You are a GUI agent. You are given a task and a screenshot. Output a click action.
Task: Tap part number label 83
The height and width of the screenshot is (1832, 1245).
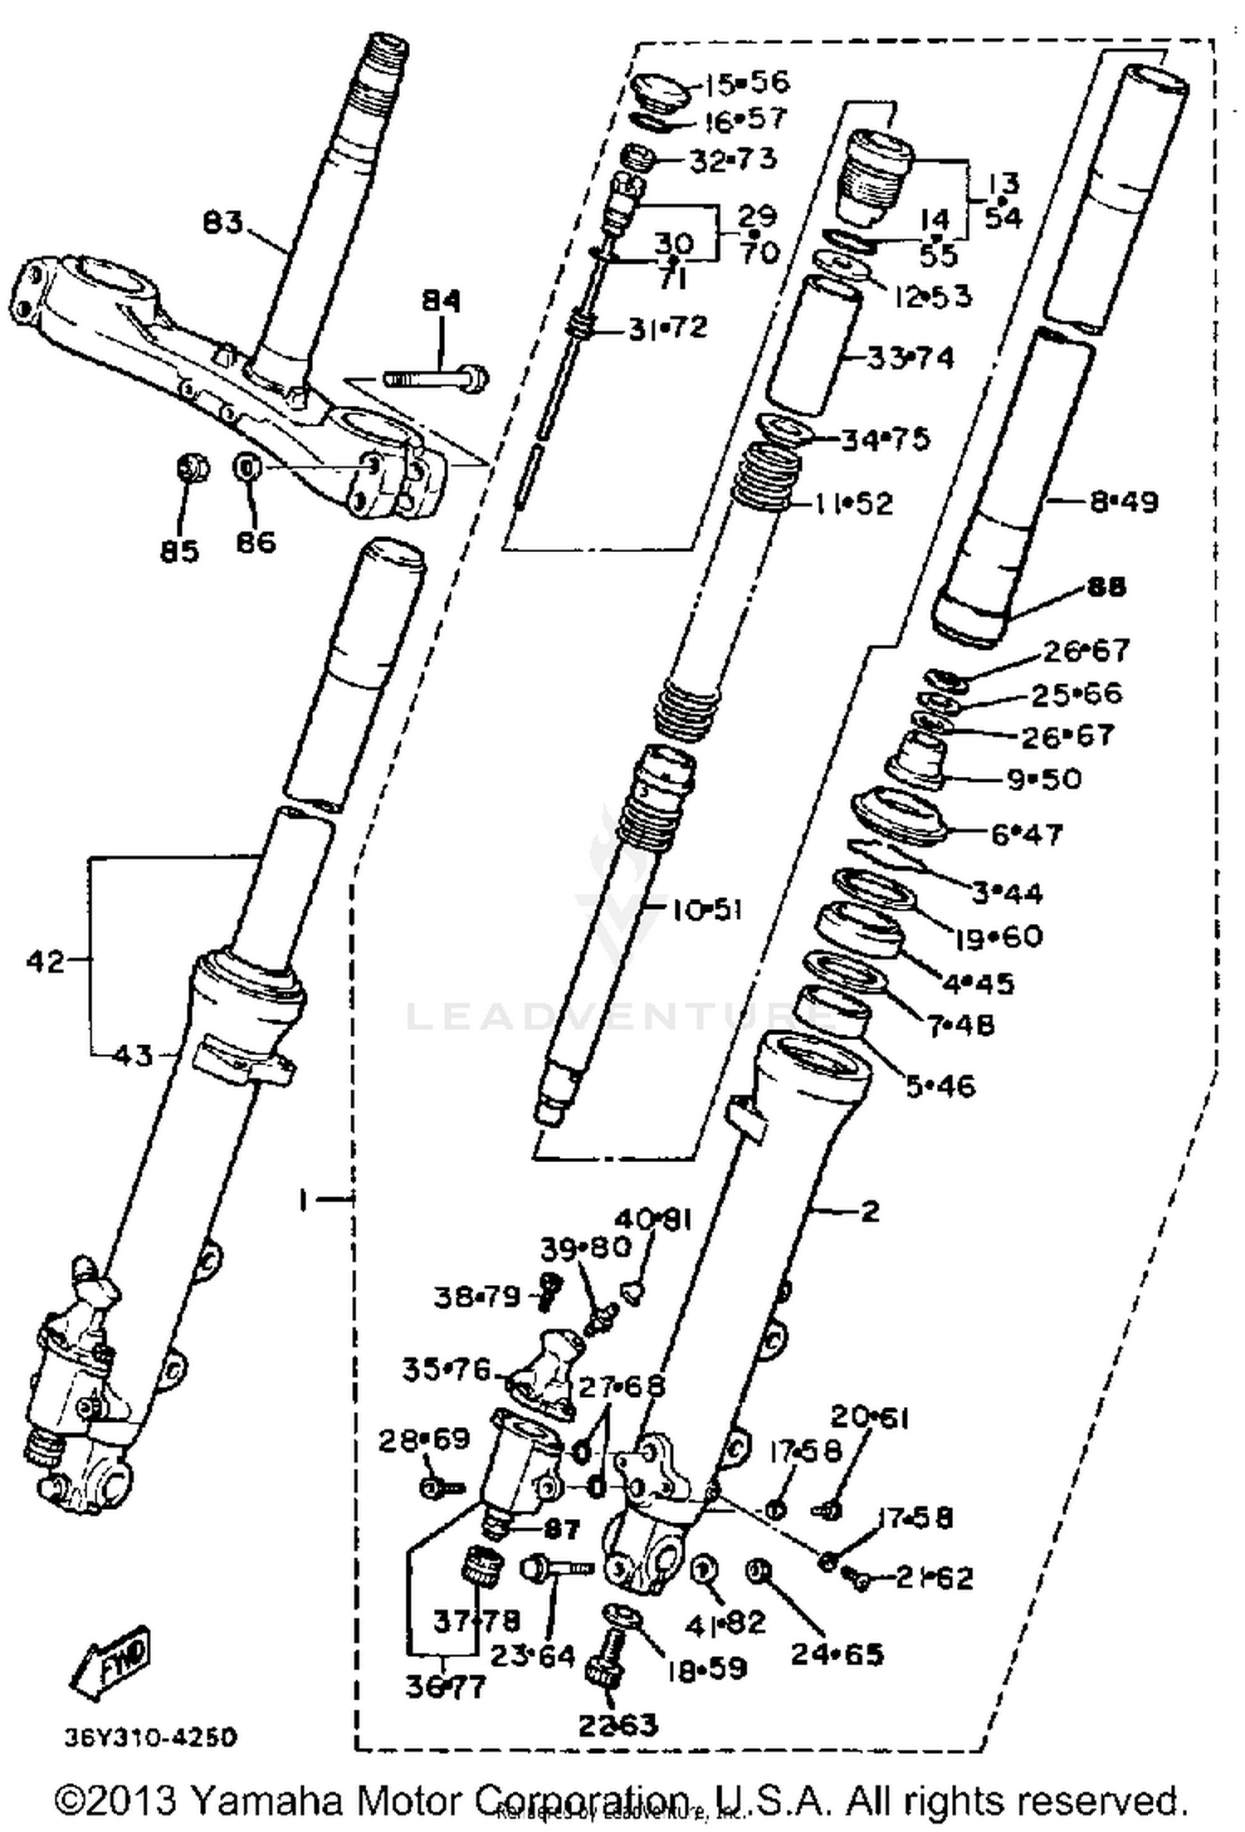223,222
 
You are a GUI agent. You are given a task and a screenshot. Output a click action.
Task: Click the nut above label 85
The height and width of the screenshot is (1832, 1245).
193,470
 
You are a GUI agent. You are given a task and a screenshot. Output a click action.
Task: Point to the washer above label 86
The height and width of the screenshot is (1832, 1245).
247,468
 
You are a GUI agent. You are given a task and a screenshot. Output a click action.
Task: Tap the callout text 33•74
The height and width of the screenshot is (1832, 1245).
911,359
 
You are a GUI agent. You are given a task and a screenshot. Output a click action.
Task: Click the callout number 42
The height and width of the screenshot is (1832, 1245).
45,962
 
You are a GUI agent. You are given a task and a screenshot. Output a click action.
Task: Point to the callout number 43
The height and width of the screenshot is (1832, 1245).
132,1055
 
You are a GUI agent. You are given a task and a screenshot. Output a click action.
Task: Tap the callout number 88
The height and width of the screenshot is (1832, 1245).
1105,587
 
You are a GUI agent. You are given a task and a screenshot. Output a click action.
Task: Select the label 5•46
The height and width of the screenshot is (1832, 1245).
940,1086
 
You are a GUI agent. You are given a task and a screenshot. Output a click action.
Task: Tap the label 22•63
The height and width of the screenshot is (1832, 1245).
618,1724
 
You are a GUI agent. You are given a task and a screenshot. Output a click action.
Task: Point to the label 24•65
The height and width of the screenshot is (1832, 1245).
837,1654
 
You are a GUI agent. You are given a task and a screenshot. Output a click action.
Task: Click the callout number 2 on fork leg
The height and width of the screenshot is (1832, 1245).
869,1211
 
